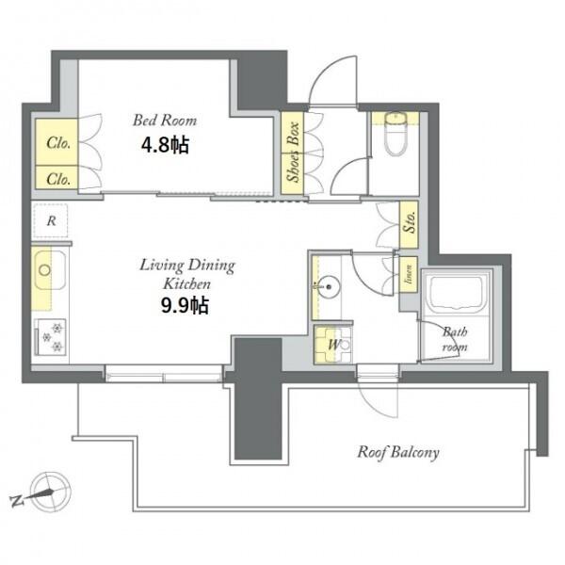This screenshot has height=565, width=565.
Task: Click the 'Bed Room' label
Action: (x=165, y=121)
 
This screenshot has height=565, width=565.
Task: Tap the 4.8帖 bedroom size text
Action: (x=165, y=145)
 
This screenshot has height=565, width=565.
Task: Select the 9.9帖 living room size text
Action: (x=185, y=305)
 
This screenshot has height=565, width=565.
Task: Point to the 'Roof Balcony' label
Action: (x=398, y=452)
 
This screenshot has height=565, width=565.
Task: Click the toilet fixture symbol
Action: (x=395, y=134)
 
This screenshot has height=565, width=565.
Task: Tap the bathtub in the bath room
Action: (x=456, y=293)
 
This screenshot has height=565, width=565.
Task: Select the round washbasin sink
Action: (x=329, y=287)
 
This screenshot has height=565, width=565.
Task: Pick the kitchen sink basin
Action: (x=49, y=270)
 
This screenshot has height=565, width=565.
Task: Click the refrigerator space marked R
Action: (x=51, y=220)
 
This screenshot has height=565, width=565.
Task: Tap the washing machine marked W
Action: (x=332, y=345)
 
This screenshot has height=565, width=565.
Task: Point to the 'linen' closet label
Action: (x=409, y=274)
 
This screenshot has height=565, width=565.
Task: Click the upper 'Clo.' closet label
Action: (x=58, y=143)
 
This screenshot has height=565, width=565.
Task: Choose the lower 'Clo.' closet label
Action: (x=58, y=179)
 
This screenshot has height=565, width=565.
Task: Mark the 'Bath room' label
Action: (x=455, y=339)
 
